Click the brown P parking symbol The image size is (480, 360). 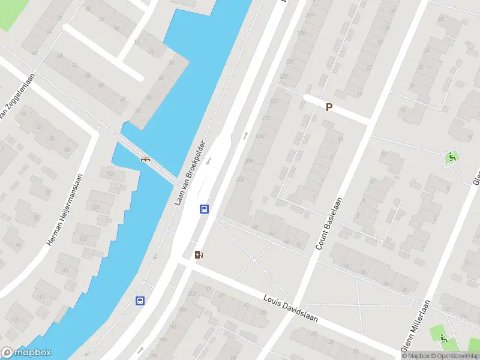coord(328,107)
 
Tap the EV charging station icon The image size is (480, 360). coord(199,254)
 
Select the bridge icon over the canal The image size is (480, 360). coord(145,159)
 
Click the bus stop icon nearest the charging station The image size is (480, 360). coord(204,209)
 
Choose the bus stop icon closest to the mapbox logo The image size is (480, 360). coord(140,301)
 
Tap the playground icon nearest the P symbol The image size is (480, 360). coord(451,158)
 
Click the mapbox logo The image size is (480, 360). coord(26,353)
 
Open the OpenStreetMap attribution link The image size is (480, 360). coord(454,356)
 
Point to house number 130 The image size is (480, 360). coord(110,174)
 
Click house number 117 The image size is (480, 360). coord(41,298)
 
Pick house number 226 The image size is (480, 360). coord(284,77)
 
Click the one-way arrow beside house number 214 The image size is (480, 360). coord(245,134)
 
